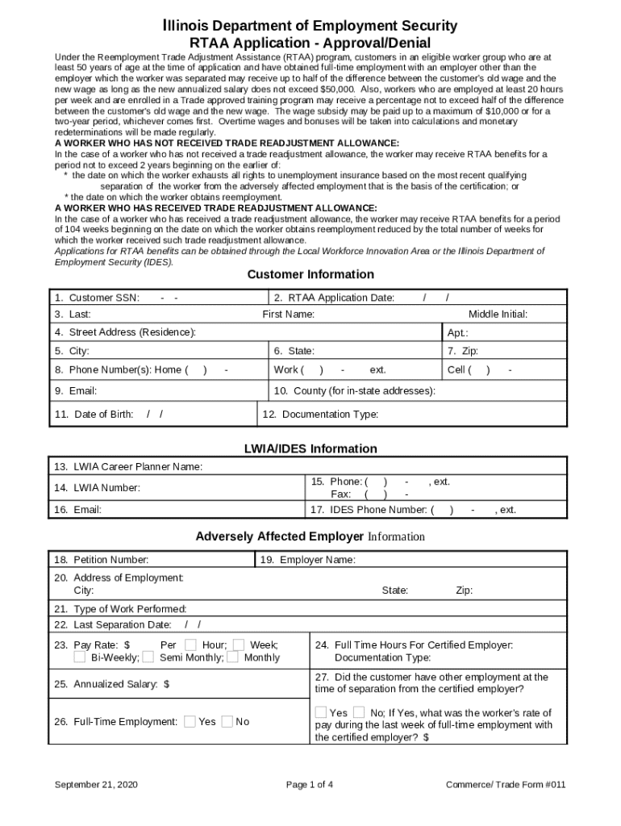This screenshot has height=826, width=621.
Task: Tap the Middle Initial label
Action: tap(498, 314)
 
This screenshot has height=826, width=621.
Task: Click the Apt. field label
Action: tap(457, 332)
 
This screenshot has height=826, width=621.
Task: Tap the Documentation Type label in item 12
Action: tap(320, 414)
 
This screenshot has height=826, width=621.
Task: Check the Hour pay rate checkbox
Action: tap(190, 645)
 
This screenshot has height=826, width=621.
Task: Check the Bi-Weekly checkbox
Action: tap(79, 657)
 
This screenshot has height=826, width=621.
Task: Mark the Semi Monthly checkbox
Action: tap(148, 657)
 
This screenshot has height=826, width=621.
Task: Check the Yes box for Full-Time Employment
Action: tap(190, 721)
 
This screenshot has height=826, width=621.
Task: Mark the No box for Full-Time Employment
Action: tap(227, 721)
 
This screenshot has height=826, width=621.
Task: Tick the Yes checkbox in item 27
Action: tap(321, 712)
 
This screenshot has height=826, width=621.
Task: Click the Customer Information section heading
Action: tap(310, 274)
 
